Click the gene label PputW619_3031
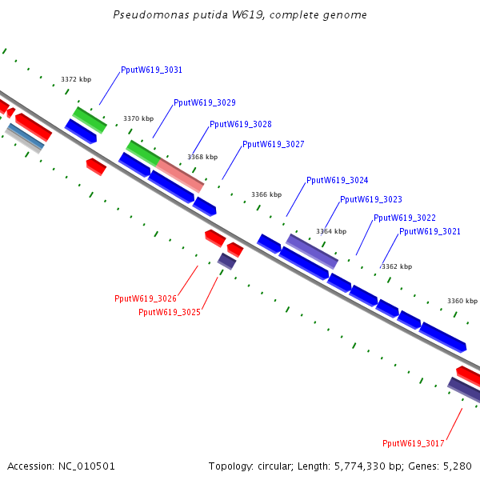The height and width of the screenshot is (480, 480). click(151, 70)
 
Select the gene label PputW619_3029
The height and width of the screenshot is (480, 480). click(204, 102)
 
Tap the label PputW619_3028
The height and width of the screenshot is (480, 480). click(240, 125)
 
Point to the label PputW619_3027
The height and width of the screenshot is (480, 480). click(273, 145)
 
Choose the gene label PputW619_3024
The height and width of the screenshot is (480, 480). click(337, 181)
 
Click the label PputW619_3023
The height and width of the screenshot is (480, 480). click(370, 200)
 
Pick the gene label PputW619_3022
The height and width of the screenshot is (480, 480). click(404, 218)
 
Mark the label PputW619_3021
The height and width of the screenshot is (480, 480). click(430, 232)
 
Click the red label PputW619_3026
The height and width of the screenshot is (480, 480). click(145, 299)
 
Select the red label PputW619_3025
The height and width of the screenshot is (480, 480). click(169, 313)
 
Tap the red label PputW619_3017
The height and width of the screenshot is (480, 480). click(413, 443)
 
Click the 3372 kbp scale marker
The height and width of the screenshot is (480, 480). click(76, 80)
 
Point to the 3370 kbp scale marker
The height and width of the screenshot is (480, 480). click(138, 119)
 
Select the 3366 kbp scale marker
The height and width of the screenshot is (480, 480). click(266, 194)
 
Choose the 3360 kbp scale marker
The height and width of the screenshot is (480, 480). click(462, 301)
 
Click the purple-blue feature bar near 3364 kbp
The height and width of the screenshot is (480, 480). click(312, 250)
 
